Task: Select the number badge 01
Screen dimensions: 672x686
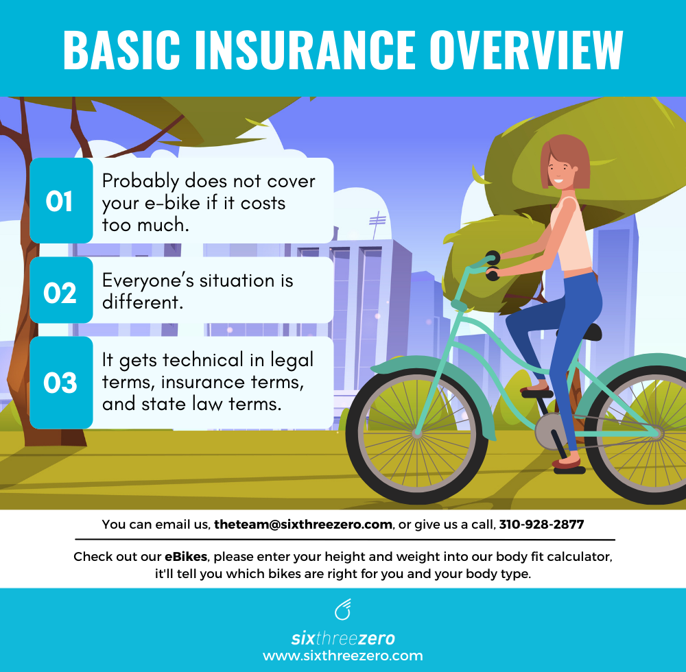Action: pyautogui.click(x=60, y=202)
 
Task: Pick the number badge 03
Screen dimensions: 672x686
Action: pyautogui.click(x=60, y=383)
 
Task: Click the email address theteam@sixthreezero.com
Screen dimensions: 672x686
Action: pyautogui.click(x=303, y=525)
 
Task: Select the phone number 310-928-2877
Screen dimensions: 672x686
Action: pyautogui.click(x=541, y=525)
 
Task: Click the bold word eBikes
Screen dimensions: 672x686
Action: pyautogui.click(x=186, y=557)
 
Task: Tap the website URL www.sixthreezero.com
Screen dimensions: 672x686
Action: pyautogui.click(x=343, y=656)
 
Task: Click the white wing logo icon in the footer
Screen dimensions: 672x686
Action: pyautogui.click(x=342, y=608)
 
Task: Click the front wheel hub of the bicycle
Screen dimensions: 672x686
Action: pyautogui.click(x=416, y=433)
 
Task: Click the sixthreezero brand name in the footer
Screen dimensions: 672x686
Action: pyautogui.click(x=343, y=638)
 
